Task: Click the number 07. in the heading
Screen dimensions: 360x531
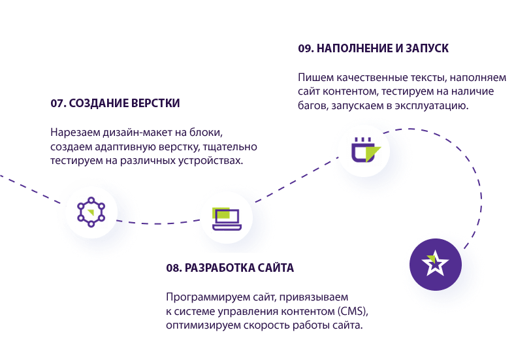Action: coord(58,103)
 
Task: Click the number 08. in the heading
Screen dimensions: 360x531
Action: coord(174,268)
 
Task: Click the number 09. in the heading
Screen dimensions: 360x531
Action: coord(306,48)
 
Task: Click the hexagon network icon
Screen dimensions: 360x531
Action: coord(87,210)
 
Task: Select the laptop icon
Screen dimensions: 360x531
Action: coord(225,218)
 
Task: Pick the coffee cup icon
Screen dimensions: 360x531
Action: coord(362,152)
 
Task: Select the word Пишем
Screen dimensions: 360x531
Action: coord(313,77)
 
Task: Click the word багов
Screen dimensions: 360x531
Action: coord(313,105)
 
